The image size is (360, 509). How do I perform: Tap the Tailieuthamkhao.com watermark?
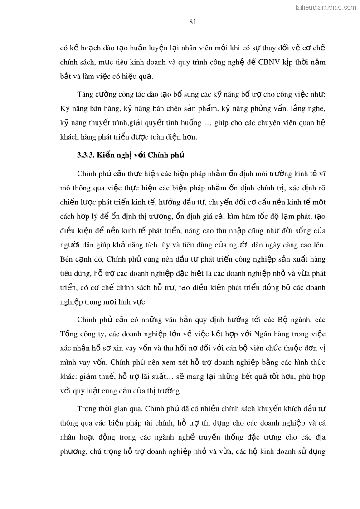[325, 7]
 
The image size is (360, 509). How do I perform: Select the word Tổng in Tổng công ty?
[68, 334]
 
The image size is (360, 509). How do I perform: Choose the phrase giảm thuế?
[98, 377]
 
